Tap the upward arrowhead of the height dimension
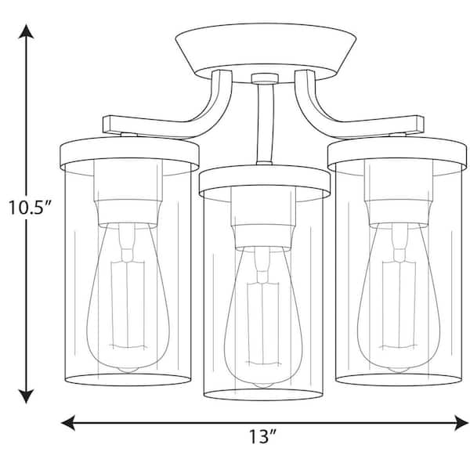click(26, 31)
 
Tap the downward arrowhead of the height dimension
click(26, 396)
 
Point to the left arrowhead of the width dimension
click(68, 423)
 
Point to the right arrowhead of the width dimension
click(461, 423)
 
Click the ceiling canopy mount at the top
click(266, 52)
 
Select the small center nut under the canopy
click(265, 78)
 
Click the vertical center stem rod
click(265, 124)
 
